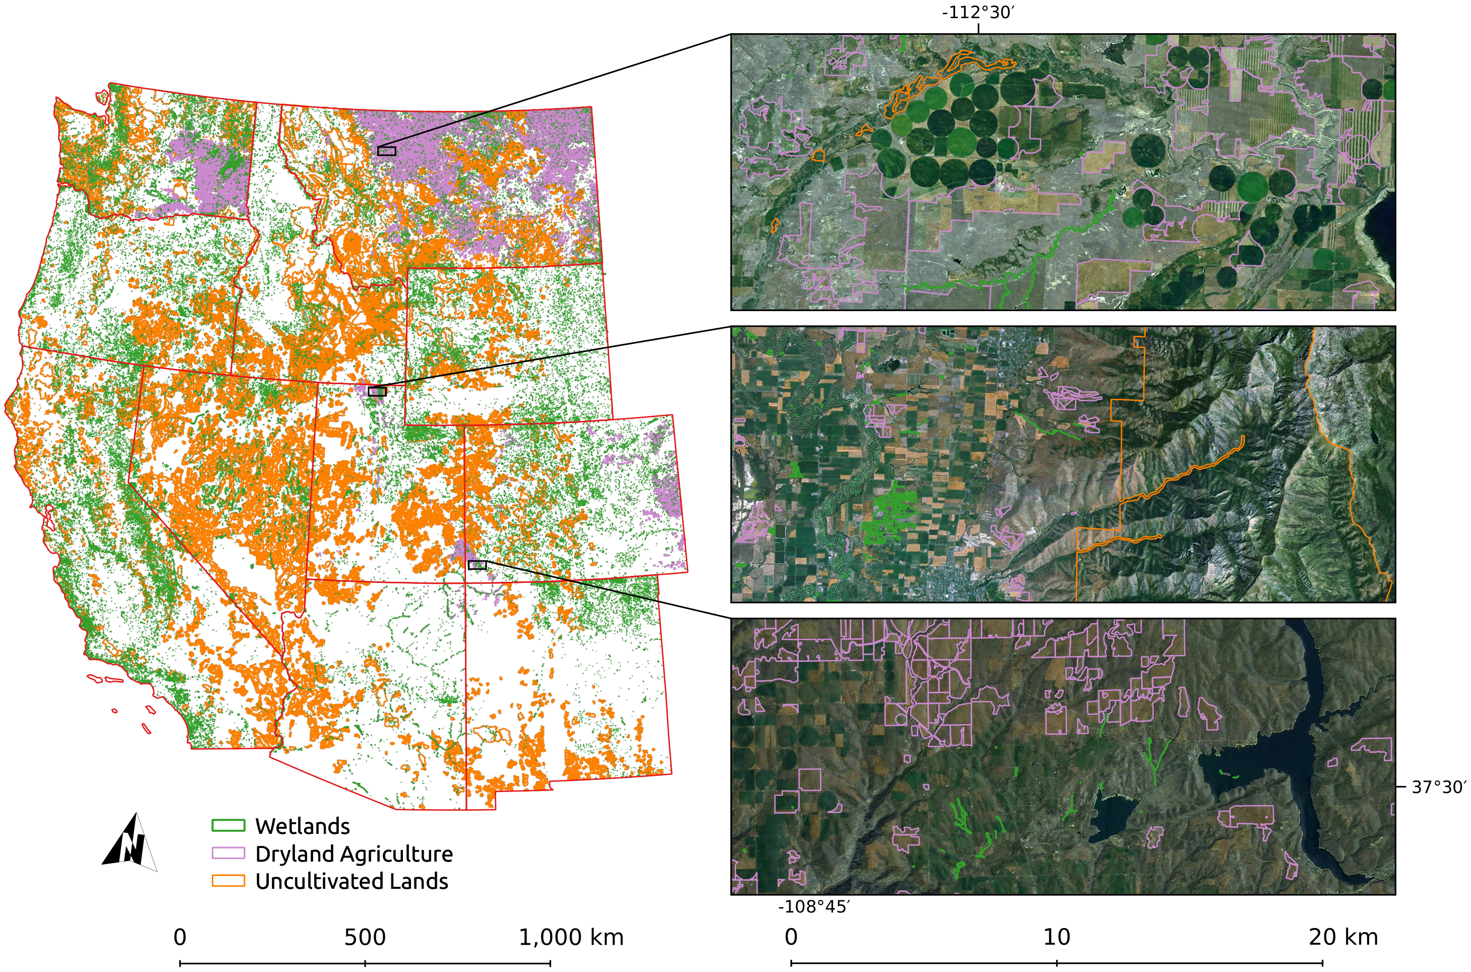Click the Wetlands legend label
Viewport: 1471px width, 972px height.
(302, 826)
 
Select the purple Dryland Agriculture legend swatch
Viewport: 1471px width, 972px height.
(228, 853)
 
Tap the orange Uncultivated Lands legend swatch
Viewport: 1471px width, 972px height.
(228, 880)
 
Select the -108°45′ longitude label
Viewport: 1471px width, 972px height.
(813, 907)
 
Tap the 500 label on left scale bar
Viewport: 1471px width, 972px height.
(365, 937)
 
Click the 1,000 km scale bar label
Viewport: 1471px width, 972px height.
(571, 937)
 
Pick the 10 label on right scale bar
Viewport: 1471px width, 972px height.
(1056, 937)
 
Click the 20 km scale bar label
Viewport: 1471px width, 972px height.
(1343, 937)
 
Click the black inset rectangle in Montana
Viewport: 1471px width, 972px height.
(386, 151)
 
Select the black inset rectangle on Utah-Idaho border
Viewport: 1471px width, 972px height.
(377, 391)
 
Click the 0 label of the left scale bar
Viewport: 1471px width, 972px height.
(180, 937)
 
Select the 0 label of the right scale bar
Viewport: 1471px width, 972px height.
(791, 937)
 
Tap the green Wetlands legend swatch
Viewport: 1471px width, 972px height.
(228, 825)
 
